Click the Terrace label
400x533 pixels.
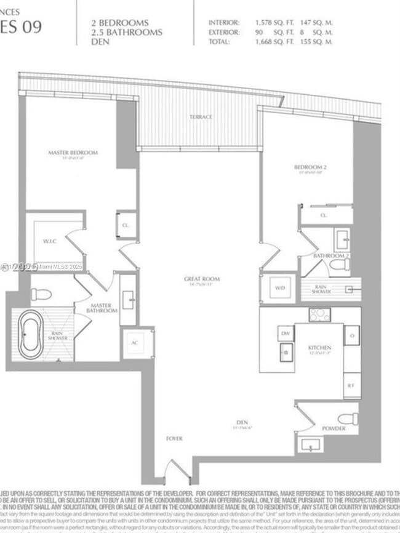coord(201,117)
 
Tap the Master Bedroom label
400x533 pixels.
coord(73,152)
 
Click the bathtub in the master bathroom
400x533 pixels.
coord(30,335)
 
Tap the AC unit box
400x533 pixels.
coord(134,344)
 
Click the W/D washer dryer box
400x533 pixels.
coord(280,287)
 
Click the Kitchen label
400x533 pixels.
coord(319,348)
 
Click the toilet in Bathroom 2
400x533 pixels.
coord(340,265)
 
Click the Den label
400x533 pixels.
coord(241,422)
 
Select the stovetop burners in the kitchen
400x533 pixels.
coord(319,315)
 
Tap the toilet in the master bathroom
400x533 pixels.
coord(41,294)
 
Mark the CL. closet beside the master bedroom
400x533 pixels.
coord(126,226)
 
